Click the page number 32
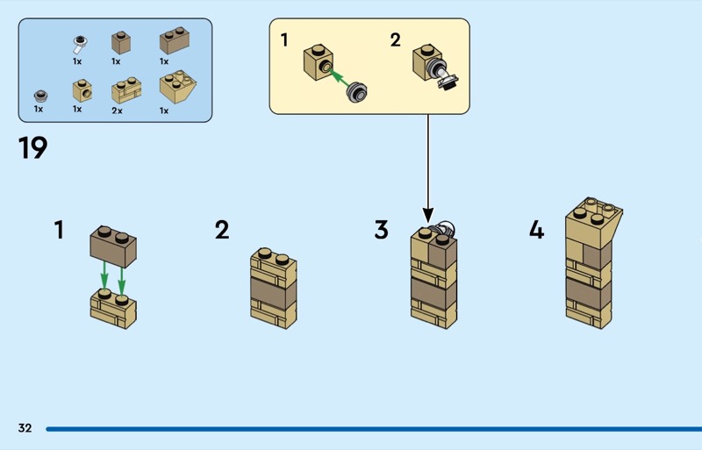25,428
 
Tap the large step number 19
32,148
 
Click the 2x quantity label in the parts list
118,110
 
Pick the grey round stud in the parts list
39,96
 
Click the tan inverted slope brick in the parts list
176,89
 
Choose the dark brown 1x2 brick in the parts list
175,41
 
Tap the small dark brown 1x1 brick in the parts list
121,42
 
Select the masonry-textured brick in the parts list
125,90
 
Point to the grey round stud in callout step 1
358,90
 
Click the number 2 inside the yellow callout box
395,39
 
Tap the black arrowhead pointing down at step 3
428,214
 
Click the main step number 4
536,231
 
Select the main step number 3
381,231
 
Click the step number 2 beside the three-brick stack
222,231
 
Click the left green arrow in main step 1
104,275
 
